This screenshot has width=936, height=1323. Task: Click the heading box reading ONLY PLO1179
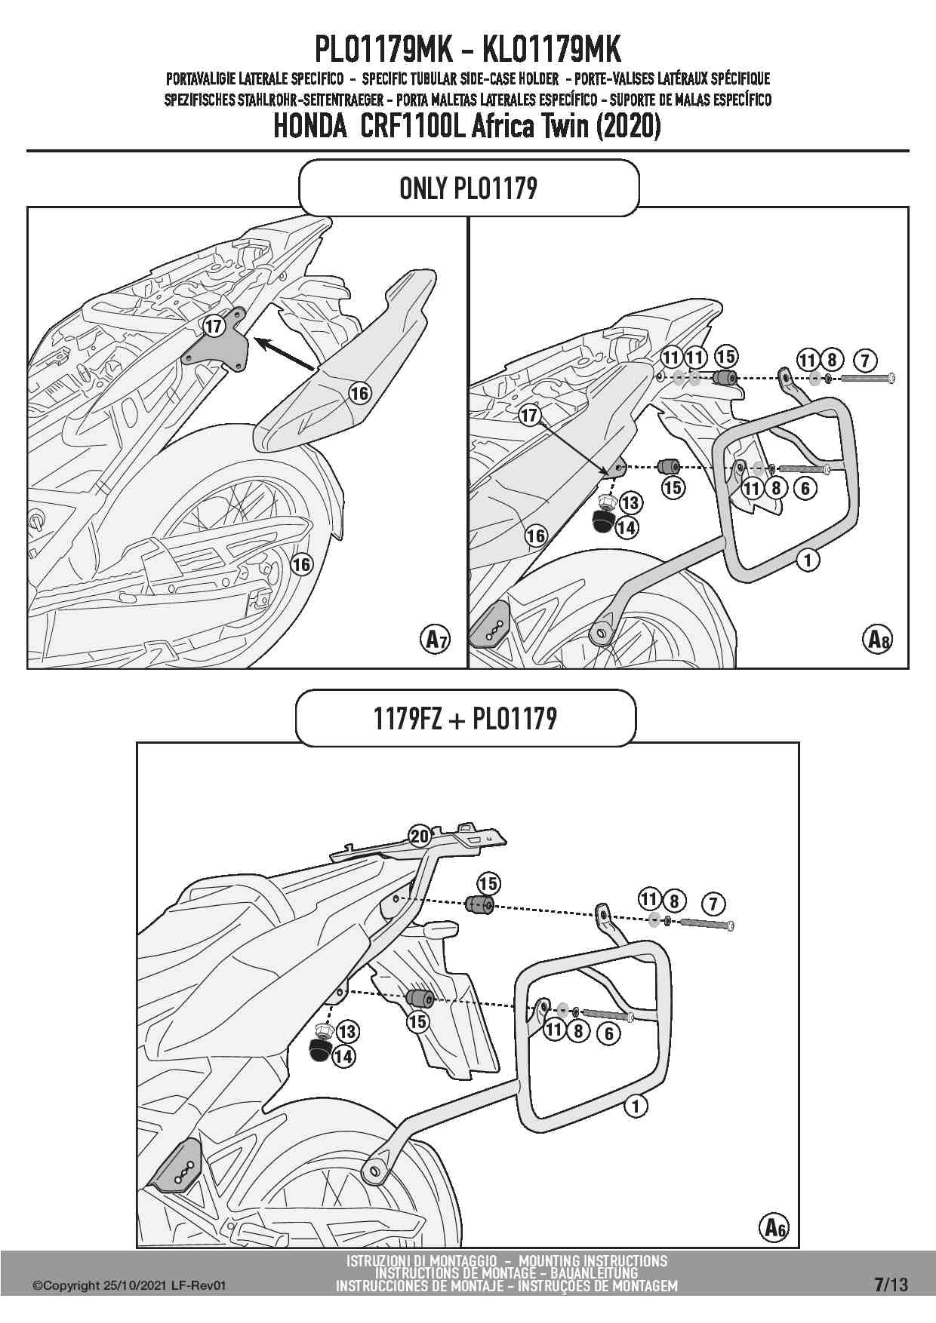coord(469,188)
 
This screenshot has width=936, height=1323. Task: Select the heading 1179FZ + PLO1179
coord(465,718)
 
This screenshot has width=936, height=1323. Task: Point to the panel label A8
coord(876,640)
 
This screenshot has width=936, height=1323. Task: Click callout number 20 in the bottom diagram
coord(420,836)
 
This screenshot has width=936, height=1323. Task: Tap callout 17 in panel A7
coord(214,326)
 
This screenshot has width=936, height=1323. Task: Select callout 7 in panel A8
coord(864,360)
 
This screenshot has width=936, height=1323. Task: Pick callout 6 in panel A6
coord(608,1033)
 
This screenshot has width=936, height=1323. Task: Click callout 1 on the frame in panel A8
coord(808,560)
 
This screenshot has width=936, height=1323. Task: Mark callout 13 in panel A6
coord(347,1031)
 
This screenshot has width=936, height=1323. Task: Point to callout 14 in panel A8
coord(627,528)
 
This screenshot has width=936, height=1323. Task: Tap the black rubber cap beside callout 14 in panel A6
coord(319,1049)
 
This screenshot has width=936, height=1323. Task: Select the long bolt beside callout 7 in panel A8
coord(867,378)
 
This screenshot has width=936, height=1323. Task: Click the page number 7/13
coord(891,1285)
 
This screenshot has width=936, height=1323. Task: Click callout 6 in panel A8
coord(805,488)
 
